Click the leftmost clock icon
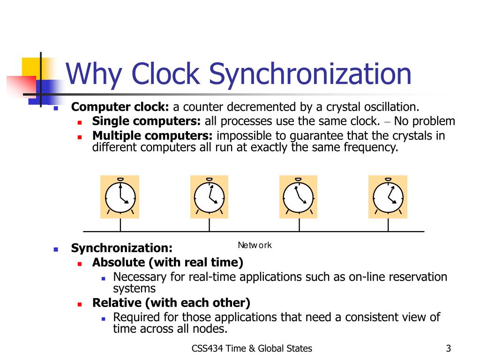pos(120,197)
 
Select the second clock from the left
pos(209,197)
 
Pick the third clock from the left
pos(298,197)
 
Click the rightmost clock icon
pos(388,197)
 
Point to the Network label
pos(255,245)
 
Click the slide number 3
pos(449,348)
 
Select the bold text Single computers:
pos(146,121)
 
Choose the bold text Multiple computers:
pos(152,136)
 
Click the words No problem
pos(424,121)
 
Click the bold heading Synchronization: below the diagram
pos(121,247)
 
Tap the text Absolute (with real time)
pos(168,262)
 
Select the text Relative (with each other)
pos(171,302)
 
